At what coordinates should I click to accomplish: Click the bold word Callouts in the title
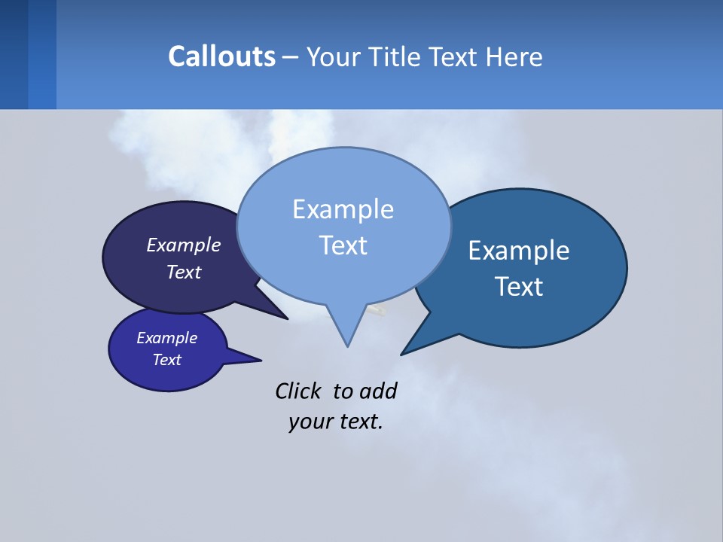221,56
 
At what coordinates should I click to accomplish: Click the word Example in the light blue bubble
343,209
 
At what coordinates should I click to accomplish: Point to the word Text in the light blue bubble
343,245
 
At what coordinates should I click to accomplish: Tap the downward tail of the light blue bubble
346,331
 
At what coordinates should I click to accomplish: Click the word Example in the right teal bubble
519,251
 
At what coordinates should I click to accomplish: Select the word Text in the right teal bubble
519,287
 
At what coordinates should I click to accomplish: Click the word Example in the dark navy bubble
184,245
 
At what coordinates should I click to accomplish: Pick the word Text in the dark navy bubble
184,272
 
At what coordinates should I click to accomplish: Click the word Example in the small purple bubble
166,338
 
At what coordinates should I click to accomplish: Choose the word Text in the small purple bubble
166,360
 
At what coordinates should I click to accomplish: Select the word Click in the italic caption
297,391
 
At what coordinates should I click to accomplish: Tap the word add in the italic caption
378,391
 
